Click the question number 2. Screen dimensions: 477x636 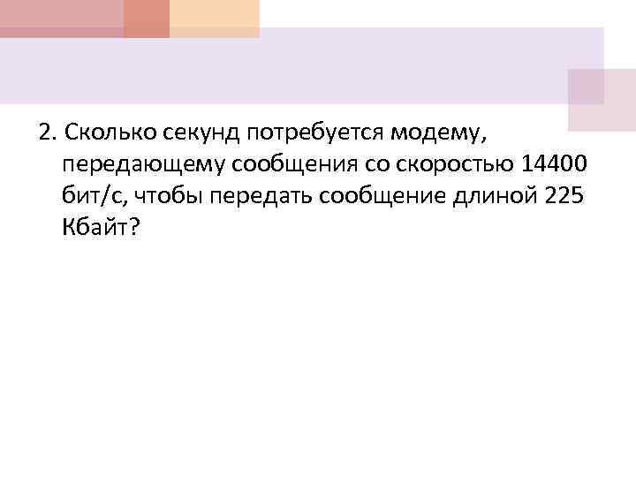45,132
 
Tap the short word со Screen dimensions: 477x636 370,165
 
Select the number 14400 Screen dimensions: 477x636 552,164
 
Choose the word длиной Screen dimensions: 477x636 491,196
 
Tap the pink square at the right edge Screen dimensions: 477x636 602,99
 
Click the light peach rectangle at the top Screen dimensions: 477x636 215,18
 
